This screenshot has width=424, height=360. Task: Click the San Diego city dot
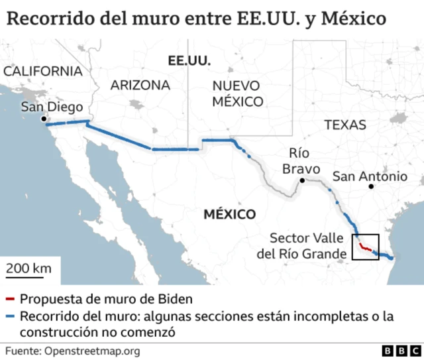click(44, 119)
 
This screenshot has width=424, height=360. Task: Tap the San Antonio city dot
click(372, 186)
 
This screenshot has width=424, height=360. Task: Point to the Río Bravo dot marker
click(301, 180)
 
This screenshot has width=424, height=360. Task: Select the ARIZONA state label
click(140, 86)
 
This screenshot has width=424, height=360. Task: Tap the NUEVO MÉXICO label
click(238, 93)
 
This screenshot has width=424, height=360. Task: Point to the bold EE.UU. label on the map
click(189, 60)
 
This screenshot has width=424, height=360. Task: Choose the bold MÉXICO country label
click(229, 215)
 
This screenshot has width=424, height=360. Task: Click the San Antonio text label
click(370, 176)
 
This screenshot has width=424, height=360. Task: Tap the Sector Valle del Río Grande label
click(308, 246)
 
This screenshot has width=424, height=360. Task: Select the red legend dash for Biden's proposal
click(9, 298)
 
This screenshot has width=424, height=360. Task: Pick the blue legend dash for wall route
click(9, 316)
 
